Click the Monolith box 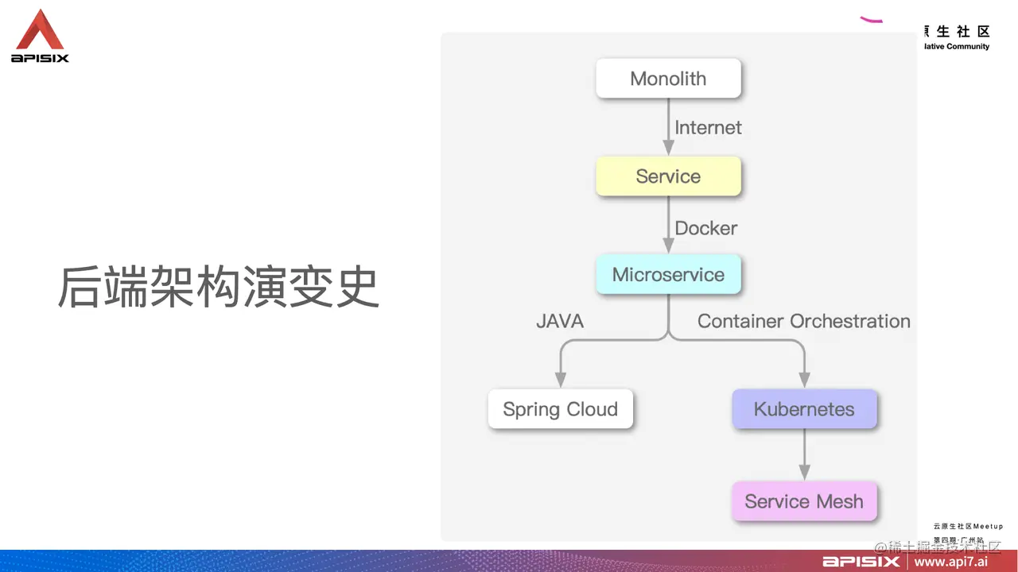[668, 79]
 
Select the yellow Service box [668, 176]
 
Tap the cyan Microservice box [668, 275]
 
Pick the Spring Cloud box [560, 409]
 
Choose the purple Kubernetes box [804, 409]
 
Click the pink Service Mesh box [804, 502]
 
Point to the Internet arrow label [708, 128]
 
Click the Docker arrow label [706, 228]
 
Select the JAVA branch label [560, 321]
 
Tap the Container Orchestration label [803, 321]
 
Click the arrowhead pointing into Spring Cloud [560, 379]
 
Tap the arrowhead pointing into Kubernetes [804, 379]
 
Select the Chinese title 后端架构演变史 [218, 288]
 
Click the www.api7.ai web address [950, 562]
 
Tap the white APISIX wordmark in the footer [861, 562]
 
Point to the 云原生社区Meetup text [968, 526]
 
